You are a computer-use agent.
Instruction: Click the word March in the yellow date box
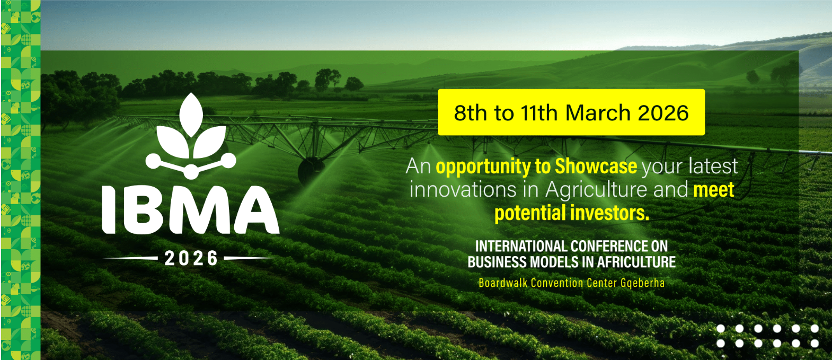click(x=598, y=112)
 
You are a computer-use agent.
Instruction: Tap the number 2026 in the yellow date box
click(x=663, y=112)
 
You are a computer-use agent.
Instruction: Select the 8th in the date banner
click(x=470, y=112)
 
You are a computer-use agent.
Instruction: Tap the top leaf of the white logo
click(x=191, y=115)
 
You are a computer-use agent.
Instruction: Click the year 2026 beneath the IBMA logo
click(x=191, y=258)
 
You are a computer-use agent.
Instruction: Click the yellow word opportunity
click(x=483, y=168)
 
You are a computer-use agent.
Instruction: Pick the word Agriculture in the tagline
click(x=596, y=190)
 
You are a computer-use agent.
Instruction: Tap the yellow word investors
click(x=610, y=213)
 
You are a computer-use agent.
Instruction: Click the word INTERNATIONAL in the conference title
click(x=521, y=247)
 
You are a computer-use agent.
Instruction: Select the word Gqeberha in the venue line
click(x=643, y=283)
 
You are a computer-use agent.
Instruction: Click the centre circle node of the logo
click(x=191, y=171)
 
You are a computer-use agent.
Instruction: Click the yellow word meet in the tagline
click(x=714, y=189)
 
